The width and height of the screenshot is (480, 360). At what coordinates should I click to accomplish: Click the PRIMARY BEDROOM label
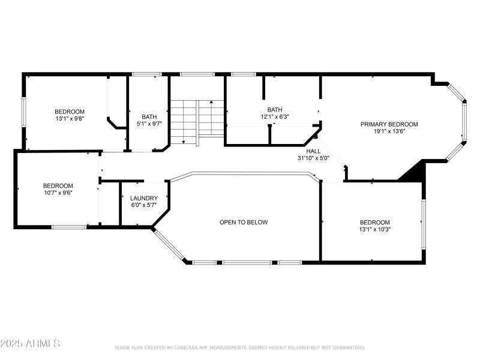tap(389, 124)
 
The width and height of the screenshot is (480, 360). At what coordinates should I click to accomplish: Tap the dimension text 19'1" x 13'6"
tap(389, 131)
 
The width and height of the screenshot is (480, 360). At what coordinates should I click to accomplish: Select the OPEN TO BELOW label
tap(244, 222)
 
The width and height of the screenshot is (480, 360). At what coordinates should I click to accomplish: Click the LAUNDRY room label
tap(144, 198)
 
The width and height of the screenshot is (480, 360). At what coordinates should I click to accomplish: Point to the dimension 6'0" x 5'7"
tap(144, 205)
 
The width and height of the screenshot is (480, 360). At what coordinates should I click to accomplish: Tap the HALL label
tap(313, 152)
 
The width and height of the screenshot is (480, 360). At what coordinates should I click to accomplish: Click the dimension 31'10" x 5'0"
tap(313, 158)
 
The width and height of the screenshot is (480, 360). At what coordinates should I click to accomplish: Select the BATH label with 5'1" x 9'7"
tap(149, 117)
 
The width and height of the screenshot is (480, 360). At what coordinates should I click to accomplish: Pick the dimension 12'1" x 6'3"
tap(274, 117)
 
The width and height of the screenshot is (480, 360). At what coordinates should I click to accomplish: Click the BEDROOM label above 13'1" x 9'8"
tap(70, 112)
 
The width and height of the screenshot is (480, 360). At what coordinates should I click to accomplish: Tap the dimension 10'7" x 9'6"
tap(58, 193)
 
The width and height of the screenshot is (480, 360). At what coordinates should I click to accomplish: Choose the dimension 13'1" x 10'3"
tap(375, 229)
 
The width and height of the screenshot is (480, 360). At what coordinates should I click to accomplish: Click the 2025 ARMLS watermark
tap(30, 344)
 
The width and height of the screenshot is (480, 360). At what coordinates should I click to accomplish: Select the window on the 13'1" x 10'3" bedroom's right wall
tap(423, 224)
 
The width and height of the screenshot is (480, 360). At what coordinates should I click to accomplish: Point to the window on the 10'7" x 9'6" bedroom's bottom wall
tap(69, 227)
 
